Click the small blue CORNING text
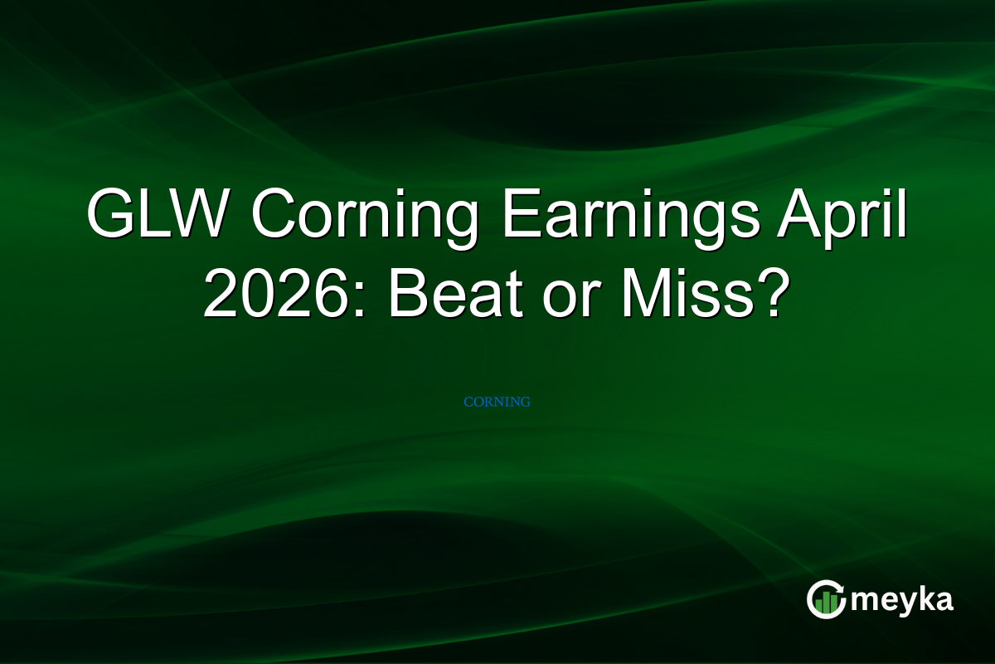point(497,402)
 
